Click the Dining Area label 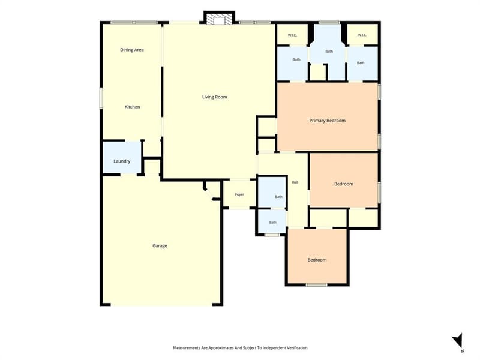pos(131,50)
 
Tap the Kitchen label pos(132,107)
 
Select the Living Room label pos(215,97)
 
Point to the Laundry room pos(122,158)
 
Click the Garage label pos(160,246)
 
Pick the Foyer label pos(239,194)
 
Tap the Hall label pos(295,182)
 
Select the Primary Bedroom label pos(327,121)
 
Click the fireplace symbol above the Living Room pos(219,19)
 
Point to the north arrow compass pos(458,342)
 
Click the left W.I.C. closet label pos(292,35)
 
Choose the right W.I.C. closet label pos(362,35)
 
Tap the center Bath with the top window pos(329,52)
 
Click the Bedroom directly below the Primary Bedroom pos(344,184)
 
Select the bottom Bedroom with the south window pos(317,260)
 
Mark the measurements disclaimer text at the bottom pos(241,348)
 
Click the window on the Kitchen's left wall pos(101,98)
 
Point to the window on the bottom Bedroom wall pos(317,285)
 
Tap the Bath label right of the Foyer pos(278,197)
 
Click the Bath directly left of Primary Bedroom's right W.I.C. pos(329,52)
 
